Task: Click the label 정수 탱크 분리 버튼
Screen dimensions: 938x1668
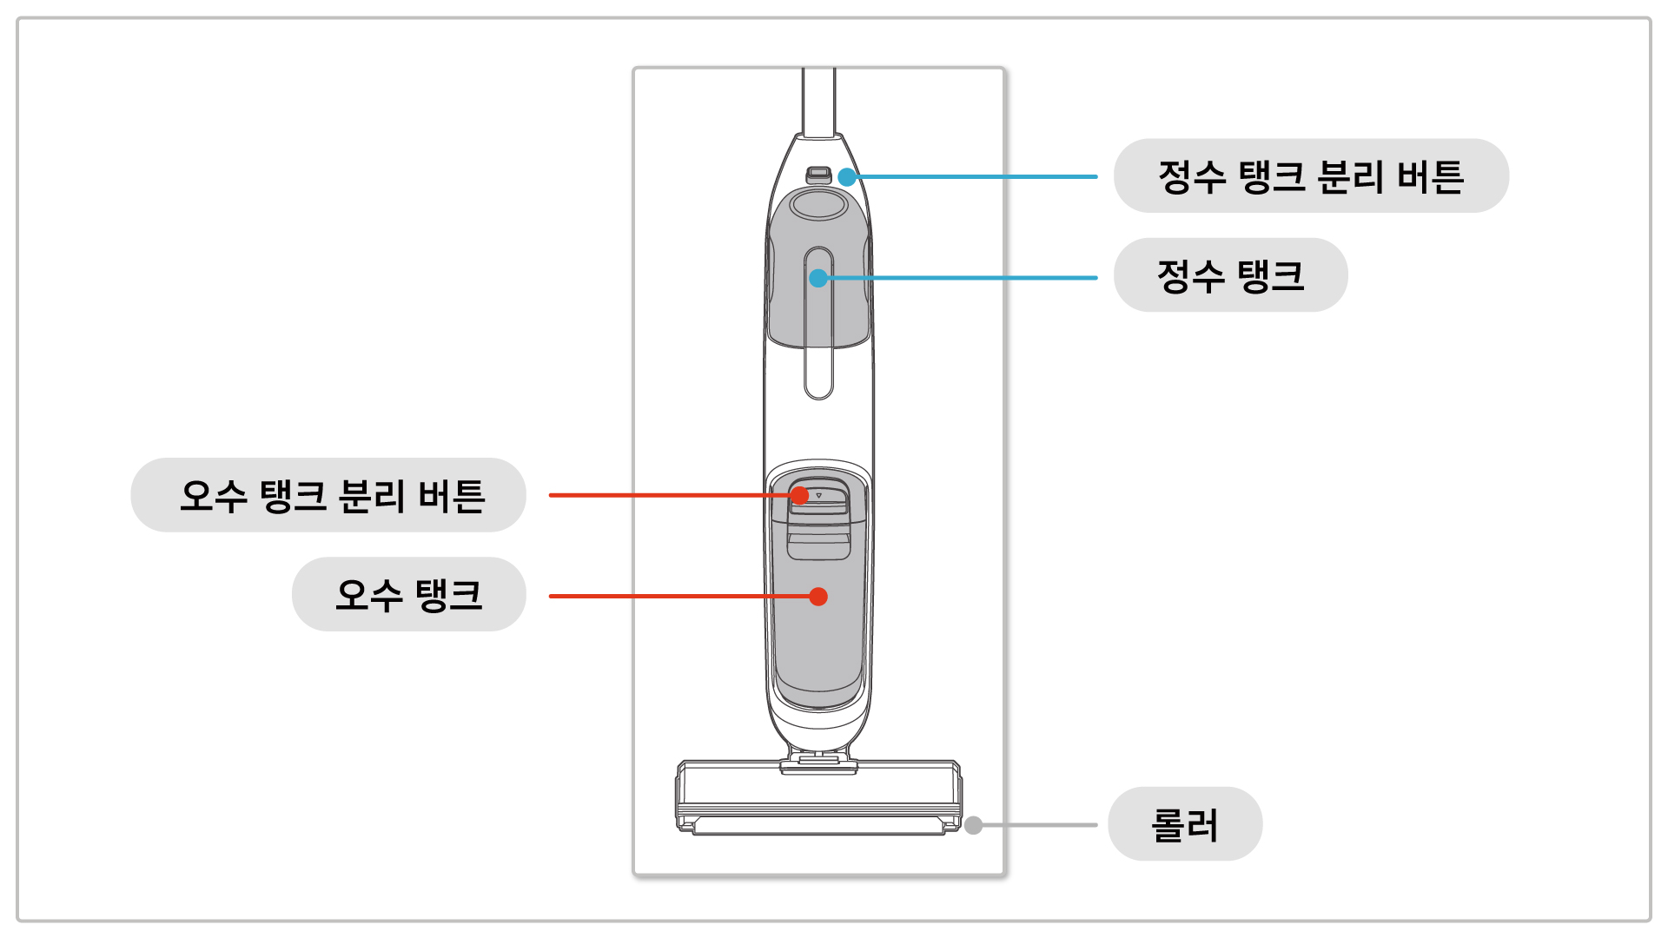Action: (1310, 176)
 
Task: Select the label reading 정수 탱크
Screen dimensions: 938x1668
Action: (1230, 275)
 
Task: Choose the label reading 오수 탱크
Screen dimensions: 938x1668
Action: (408, 595)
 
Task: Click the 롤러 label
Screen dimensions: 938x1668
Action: (1184, 824)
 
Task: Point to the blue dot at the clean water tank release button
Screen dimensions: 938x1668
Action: (847, 177)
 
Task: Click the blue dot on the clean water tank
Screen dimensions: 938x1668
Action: (818, 278)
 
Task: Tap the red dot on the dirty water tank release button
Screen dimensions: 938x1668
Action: (800, 495)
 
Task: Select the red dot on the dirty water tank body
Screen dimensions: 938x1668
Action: (818, 597)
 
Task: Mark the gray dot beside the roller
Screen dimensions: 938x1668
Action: (974, 825)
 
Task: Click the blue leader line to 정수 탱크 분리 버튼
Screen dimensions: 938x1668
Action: (973, 176)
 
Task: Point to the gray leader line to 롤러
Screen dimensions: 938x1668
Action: (1038, 825)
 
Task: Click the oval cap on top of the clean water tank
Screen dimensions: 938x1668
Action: (818, 206)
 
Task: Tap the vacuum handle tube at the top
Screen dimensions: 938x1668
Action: (818, 100)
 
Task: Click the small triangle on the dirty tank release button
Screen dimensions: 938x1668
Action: (818, 495)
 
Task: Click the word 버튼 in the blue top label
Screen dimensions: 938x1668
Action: (1431, 176)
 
